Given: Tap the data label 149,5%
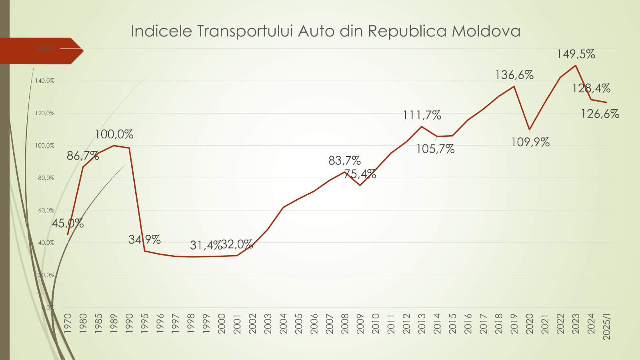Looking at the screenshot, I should pyautogui.click(x=576, y=54).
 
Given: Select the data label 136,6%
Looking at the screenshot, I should pyautogui.click(x=514, y=75).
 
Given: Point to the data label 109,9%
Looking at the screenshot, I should pyautogui.click(x=530, y=142).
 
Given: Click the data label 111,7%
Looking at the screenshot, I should pyautogui.click(x=422, y=115).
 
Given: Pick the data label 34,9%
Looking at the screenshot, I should pyautogui.click(x=144, y=240).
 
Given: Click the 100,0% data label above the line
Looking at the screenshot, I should pyautogui.click(x=114, y=134).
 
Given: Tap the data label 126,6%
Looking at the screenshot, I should pyautogui.click(x=600, y=114).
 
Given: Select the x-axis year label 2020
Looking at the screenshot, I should pyautogui.click(x=530, y=324).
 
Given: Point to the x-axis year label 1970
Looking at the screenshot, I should pyautogui.click(x=68, y=324).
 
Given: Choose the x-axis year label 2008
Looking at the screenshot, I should pyautogui.click(x=345, y=324).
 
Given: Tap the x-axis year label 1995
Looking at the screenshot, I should pyautogui.click(x=145, y=324).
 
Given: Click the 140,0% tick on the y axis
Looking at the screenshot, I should pyautogui.click(x=45, y=81).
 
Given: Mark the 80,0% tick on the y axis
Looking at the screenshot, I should pyautogui.click(x=46, y=178).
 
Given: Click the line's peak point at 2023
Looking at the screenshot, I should pyautogui.click(x=576, y=65).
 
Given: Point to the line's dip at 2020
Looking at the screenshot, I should pyautogui.click(x=530, y=130).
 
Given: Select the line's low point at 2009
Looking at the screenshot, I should pyautogui.click(x=360, y=185).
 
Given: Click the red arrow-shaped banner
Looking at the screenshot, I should pyautogui.click(x=40, y=51).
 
